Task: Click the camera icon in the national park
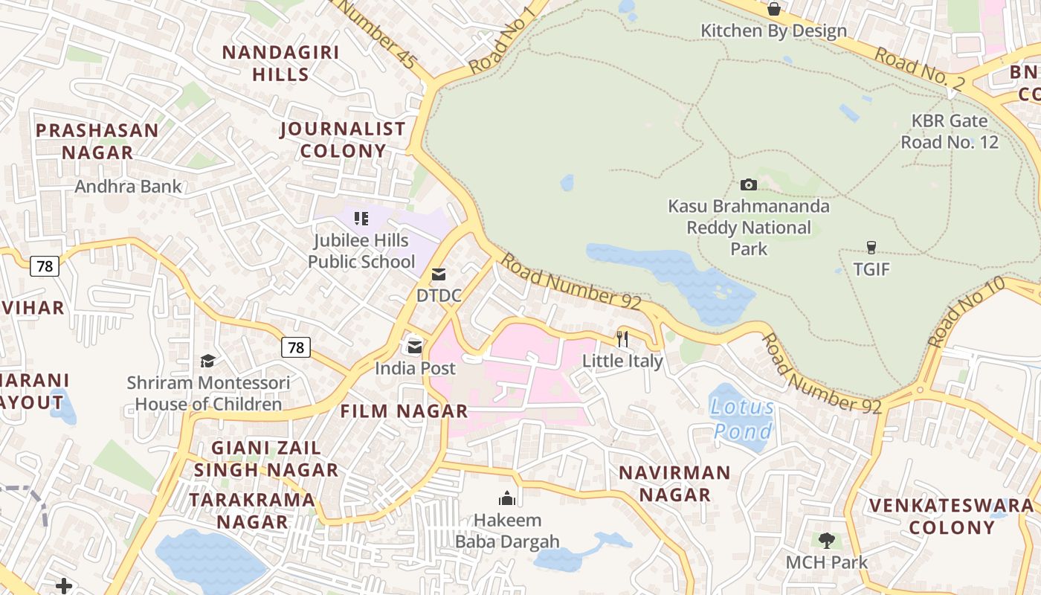748,184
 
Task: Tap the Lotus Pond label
742,419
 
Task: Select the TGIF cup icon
871,248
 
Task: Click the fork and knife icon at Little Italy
622,339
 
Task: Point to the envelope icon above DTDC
439,274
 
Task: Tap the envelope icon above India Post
414,347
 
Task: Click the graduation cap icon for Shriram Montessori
207,361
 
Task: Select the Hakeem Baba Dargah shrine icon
508,498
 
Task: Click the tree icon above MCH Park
826,540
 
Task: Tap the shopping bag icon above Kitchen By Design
773,9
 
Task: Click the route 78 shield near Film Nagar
296,347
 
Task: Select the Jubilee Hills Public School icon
361,219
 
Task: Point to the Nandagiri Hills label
280,63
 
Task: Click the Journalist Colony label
343,140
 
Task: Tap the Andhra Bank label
128,186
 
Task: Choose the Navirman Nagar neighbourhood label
674,483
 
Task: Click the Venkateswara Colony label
952,516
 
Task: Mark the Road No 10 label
966,312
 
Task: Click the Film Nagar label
404,411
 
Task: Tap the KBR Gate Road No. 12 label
950,132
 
